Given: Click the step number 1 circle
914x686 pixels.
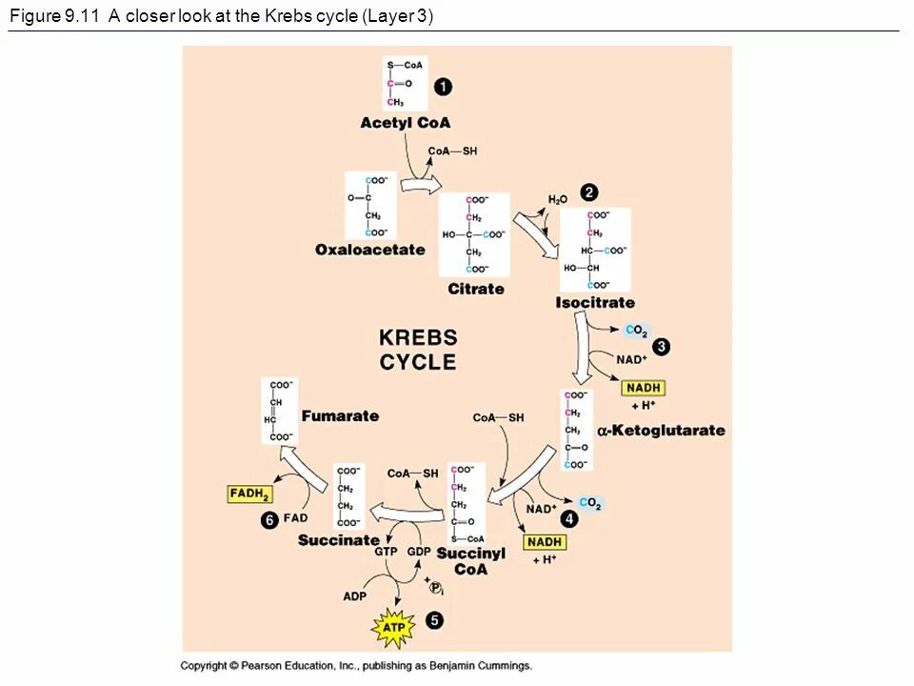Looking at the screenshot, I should tap(444, 87).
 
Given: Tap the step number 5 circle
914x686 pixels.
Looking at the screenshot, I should tap(434, 620).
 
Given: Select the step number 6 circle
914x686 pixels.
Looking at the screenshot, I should tap(269, 520).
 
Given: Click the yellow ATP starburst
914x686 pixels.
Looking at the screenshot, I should tap(393, 628).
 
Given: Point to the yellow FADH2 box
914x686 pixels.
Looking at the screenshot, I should tap(250, 494).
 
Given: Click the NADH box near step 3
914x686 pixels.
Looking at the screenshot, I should tap(643, 388).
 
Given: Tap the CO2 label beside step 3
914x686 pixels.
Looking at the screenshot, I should tap(636, 332).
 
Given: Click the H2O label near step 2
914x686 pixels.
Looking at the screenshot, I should tap(558, 199).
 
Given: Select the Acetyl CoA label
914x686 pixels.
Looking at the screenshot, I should tap(405, 123).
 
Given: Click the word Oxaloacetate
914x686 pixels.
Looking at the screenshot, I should tap(370, 250).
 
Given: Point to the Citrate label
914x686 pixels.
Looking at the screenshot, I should tap(476, 289).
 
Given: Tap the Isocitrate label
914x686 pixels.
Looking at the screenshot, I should tap(595, 303).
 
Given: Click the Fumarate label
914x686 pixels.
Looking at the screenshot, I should tap(340, 415).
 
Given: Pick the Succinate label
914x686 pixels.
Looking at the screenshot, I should tap(338, 540).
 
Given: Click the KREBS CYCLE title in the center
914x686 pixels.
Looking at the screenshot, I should tap(418, 350).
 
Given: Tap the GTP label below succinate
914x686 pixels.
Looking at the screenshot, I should tap(386, 552).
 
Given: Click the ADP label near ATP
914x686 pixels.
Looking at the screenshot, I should tap(354, 596).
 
